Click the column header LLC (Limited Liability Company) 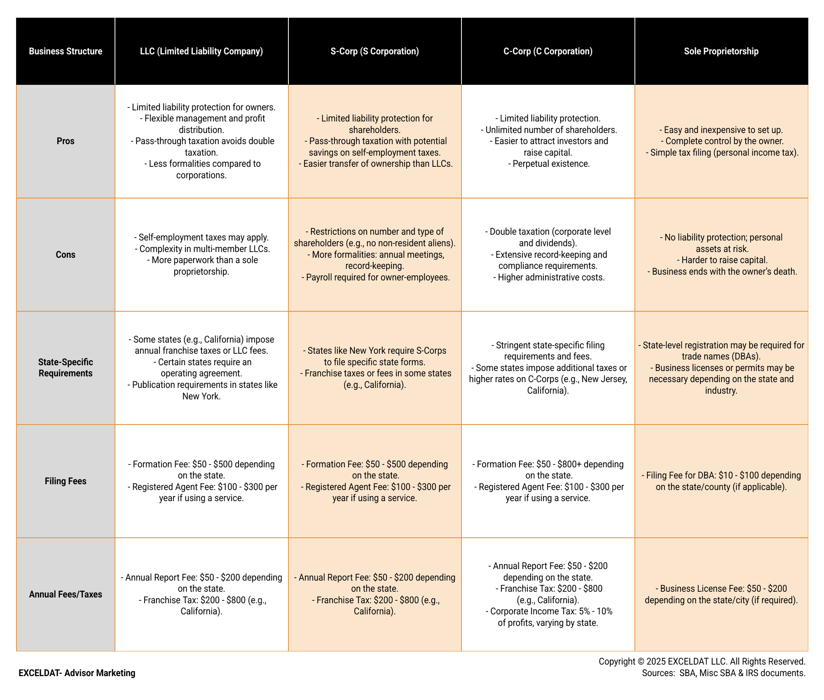(x=201, y=51)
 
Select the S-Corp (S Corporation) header (x=375, y=51)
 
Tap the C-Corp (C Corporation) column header (x=548, y=51)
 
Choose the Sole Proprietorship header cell (x=721, y=51)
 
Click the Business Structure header (x=66, y=51)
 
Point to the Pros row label (x=66, y=141)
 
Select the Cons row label (x=66, y=254)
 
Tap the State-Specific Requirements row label (x=66, y=368)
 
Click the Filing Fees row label (x=66, y=481)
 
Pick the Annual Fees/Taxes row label (x=66, y=594)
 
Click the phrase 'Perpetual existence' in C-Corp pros (x=551, y=164)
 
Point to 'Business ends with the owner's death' (x=724, y=272)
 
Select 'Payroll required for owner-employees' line (x=378, y=277)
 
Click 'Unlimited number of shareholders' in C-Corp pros (x=551, y=130)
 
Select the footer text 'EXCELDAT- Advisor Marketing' (x=77, y=673)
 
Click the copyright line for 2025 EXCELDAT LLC (x=702, y=661)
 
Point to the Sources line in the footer (x=723, y=673)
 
